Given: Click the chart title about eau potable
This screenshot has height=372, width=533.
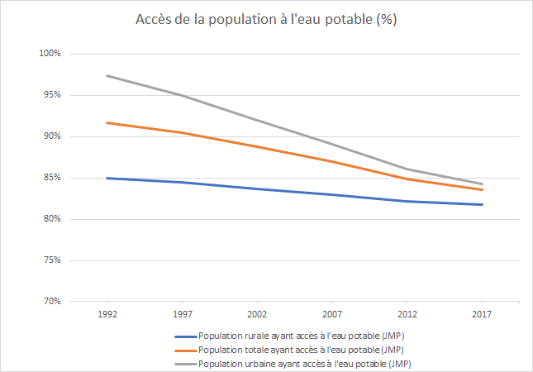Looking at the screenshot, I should (x=266, y=21).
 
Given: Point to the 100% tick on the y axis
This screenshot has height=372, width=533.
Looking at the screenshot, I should (x=51, y=54).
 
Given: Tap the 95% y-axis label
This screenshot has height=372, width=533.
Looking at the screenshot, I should (x=53, y=95).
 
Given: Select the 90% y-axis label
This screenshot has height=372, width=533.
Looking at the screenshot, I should (x=53, y=136).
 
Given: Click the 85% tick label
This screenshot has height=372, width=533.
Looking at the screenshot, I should (x=53, y=178).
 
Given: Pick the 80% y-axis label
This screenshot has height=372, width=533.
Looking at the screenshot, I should (x=53, y=219).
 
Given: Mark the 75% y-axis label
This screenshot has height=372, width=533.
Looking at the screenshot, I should (x=53, y=260).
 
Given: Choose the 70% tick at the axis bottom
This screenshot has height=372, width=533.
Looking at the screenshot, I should (x=53, y=301).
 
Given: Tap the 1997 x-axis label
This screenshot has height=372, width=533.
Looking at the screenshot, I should (x=182, y=315).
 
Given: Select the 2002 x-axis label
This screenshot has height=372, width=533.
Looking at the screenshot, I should (x=257, y=315).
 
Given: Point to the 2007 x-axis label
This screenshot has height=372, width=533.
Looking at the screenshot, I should (x=332, y=315).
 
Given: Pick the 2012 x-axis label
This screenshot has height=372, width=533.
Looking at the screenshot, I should (x=407, y=315).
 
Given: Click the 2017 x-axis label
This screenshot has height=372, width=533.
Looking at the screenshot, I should (x=482, y=315).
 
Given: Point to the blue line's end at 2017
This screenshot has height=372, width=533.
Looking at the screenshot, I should (x=482, y=204).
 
